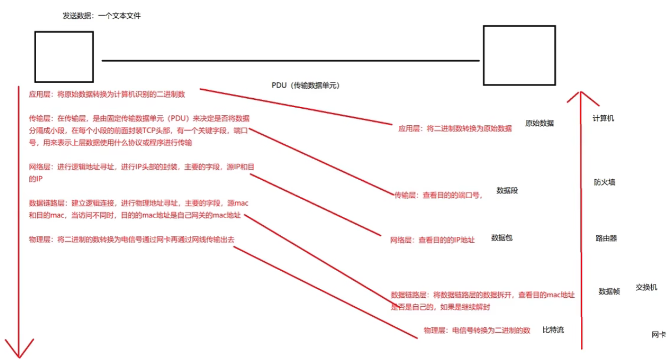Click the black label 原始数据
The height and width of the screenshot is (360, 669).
tap(539, 123)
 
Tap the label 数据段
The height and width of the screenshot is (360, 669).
tap(507, 190)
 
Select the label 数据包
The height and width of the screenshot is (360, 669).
tap(501, 237)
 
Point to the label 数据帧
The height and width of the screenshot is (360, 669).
tap(609, 291)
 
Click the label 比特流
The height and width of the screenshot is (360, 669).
tap(553, 330)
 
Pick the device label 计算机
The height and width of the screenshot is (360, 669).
tap(603, 118)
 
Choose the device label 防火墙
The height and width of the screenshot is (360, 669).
tap(604, 182)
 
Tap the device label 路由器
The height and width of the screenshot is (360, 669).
tap(606, 238)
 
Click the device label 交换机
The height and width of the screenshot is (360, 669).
tap(646, 287)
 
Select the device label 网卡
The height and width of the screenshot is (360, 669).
tap(658, 334)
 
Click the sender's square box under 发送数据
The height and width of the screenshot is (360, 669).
tap(64, 57)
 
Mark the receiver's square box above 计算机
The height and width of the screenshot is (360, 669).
tap(519, 55)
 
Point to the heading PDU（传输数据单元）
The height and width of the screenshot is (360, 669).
tap(305, 85)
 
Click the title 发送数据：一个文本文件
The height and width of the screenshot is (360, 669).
tap(102, 16)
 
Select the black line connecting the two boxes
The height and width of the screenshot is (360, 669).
tap(288, 60)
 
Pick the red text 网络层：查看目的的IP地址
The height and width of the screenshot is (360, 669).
tap(432, 240)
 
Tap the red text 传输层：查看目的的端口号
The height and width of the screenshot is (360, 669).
tap(438, 195)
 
